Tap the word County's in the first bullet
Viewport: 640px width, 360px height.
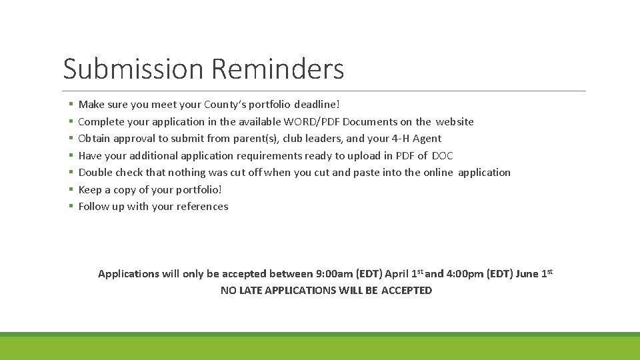[x=226, y=105]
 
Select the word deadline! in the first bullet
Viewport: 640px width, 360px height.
[x=317, y=105]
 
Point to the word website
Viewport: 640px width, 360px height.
[x=455, y=121]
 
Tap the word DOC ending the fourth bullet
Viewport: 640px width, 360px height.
[x=442, y=155]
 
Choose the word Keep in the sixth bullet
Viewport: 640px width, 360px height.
[x=90, y=189]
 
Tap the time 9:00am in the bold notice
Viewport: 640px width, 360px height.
[x=334, y=274]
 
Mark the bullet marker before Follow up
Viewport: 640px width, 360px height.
[x=70, y=207]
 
